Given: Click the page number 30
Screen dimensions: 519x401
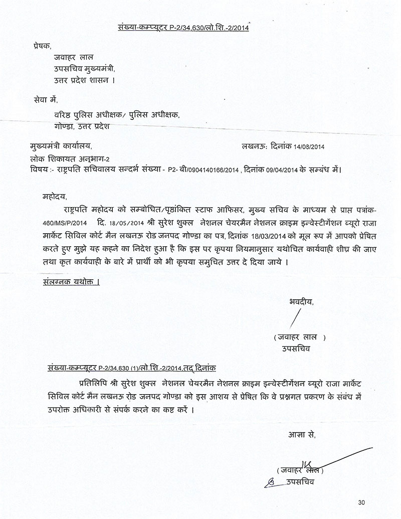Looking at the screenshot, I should pos(362,502).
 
